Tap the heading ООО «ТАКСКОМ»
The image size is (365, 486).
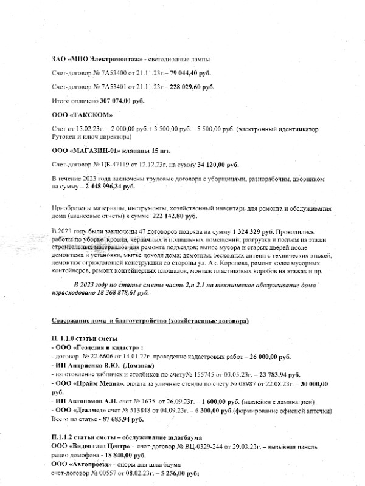(x=78, y=114)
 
